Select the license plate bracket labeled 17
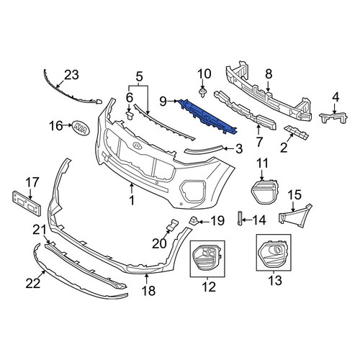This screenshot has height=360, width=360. coord(27,203)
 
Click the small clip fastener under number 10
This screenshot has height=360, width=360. coord(203,93)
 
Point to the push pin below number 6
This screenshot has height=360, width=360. coord(130,115)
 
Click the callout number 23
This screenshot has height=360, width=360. coord(71,75)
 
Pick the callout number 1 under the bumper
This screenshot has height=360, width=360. coord(132,201)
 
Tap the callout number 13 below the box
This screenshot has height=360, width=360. coord(275,281)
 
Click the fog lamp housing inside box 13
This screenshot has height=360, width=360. coord(274,253)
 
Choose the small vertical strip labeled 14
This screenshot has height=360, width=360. coord(239,218)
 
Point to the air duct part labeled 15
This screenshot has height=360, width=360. coord(295,215)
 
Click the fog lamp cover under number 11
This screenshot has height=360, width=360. coord(264,192)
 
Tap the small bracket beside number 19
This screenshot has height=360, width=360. coord(194,220)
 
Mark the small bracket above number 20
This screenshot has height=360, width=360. coord(173,225)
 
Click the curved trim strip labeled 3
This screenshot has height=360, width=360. coord(204,149)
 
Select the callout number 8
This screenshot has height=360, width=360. coord(269,74)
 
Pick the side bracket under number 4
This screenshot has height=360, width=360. coord(333,117)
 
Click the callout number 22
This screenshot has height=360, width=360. coord(33,284)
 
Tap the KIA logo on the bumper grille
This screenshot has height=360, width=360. coord(137,145)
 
